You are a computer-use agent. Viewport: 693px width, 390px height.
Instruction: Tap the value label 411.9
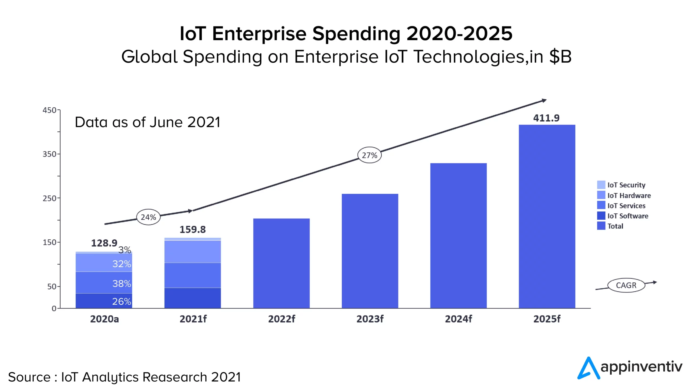pos(546,118)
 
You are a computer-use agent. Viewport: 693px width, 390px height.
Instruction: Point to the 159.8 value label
pos(192,229)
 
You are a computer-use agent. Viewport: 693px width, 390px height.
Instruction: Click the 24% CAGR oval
pos(148,217)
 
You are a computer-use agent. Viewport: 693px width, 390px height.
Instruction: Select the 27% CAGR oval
pos(369,155)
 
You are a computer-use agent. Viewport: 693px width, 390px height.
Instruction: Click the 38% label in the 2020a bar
pos(122,284)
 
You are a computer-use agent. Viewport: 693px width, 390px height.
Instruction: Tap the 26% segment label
pos(122,301)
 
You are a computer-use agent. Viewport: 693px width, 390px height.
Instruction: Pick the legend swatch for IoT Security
pos(601,185)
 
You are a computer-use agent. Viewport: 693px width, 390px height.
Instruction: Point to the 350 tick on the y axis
pos(49,154)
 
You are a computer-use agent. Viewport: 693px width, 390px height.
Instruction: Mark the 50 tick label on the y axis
pos(52,286)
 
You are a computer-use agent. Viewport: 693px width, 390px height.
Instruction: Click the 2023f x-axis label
pos(370,319)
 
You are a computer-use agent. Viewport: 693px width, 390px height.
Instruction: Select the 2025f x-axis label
pos(547,319)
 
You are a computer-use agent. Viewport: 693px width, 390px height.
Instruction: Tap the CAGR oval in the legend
pos(626,285)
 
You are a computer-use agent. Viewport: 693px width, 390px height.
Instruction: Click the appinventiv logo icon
pos(588,368)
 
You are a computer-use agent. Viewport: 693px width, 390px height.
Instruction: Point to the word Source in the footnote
pos(29,377)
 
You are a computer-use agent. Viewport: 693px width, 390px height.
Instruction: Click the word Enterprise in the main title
pos(259,34)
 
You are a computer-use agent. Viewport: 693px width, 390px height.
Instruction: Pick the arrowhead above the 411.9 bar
pos(544,100)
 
